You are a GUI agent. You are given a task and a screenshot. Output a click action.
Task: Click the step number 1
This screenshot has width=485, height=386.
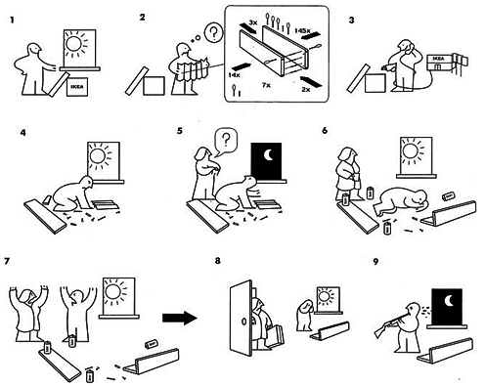point(12,21)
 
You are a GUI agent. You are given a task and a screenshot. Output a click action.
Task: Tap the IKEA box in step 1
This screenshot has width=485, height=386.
point(77,87)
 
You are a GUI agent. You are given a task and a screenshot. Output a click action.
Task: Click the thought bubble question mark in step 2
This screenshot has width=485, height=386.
point(213,33)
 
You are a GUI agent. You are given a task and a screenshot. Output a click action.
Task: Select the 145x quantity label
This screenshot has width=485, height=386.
point(302,30)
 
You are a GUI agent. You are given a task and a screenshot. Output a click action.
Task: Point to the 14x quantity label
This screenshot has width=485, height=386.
point(234,75)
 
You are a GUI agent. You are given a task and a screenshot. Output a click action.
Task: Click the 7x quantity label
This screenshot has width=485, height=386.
point(266,85)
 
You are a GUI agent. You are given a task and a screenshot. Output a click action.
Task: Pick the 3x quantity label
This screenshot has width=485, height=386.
point(253,22)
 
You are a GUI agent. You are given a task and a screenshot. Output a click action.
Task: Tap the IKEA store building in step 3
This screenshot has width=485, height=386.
point(440,63)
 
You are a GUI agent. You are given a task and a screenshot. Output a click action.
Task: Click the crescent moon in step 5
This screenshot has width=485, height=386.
point(268,155)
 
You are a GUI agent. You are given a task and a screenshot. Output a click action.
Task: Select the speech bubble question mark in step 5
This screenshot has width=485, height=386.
point(225,140)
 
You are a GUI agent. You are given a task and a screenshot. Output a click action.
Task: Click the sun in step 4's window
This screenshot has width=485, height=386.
point(98,155)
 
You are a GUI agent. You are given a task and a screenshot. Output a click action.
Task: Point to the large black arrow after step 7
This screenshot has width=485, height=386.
point(180,318)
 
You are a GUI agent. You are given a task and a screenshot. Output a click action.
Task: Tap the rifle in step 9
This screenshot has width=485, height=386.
point(390,324)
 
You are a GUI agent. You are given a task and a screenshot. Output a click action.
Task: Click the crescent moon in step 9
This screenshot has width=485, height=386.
point(449,301)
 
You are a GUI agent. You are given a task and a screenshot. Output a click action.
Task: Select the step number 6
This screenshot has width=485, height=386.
point(325,131)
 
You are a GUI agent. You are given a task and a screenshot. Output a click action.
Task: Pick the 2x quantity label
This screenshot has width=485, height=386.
point(306,89)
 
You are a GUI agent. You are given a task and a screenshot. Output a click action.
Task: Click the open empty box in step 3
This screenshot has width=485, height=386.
point(375,83)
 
